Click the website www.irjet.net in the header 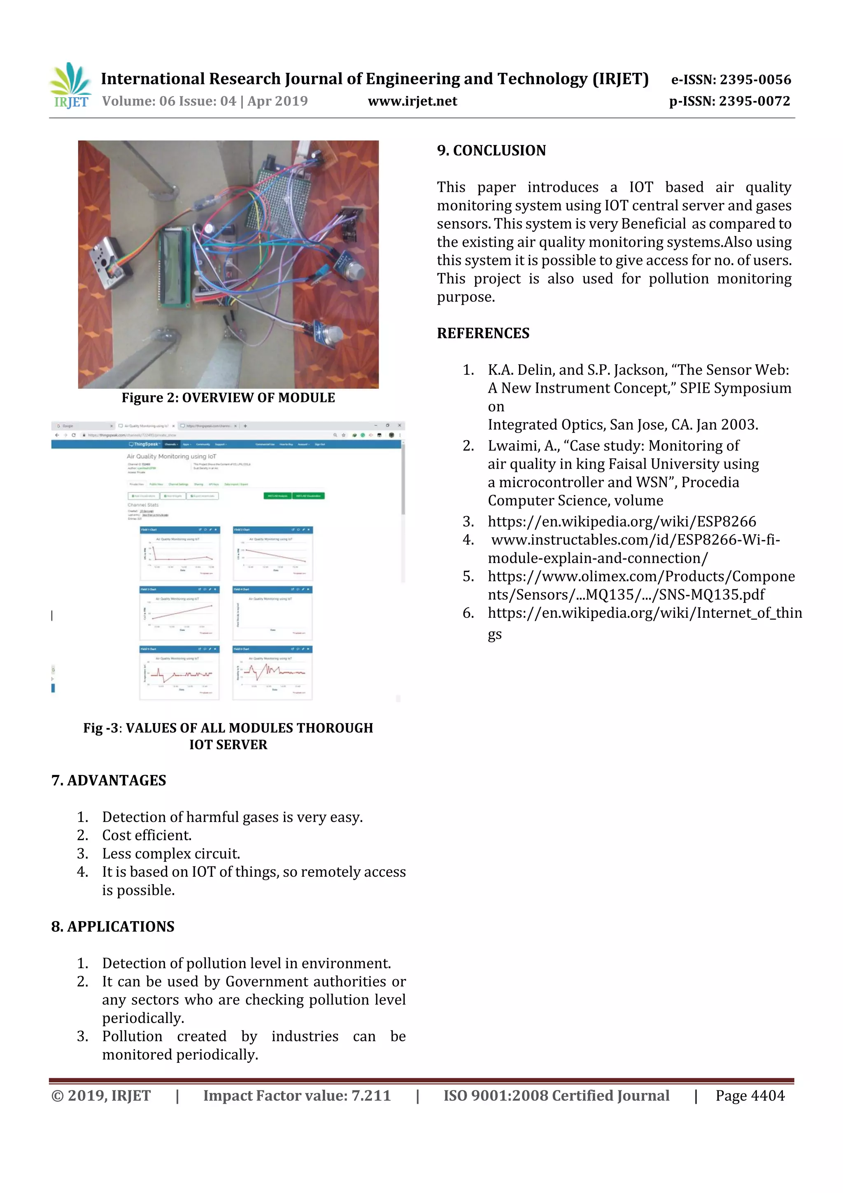412,101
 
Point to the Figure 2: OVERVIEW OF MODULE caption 228,398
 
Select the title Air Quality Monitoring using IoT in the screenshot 171,456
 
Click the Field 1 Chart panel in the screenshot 180,554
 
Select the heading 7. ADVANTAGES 109,780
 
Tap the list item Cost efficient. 147,836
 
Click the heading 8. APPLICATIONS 113,927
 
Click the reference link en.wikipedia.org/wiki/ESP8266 621,522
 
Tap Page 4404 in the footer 750,1095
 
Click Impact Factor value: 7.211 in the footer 297,1095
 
